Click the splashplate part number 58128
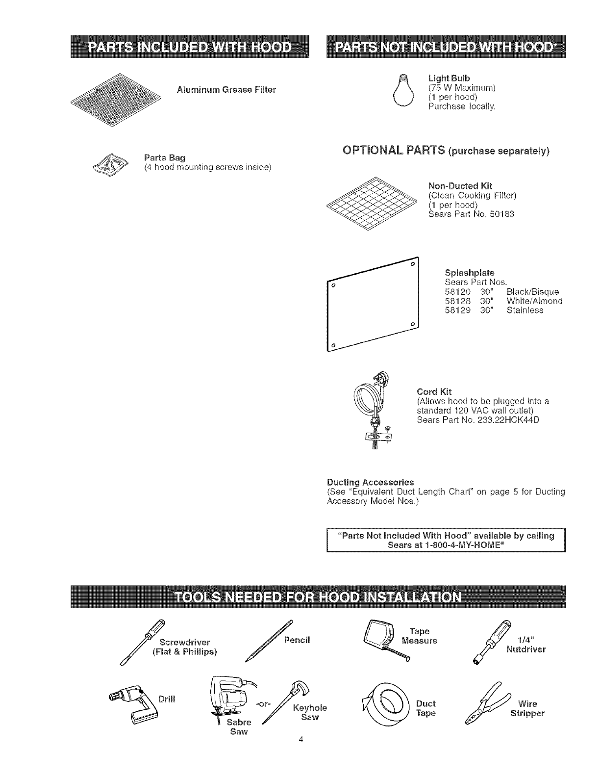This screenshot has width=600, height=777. coord(458,301)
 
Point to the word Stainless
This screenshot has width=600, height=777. coord(525,311)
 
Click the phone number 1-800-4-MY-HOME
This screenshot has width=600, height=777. coord(446,544)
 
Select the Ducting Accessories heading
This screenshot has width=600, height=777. coord(370,482)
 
